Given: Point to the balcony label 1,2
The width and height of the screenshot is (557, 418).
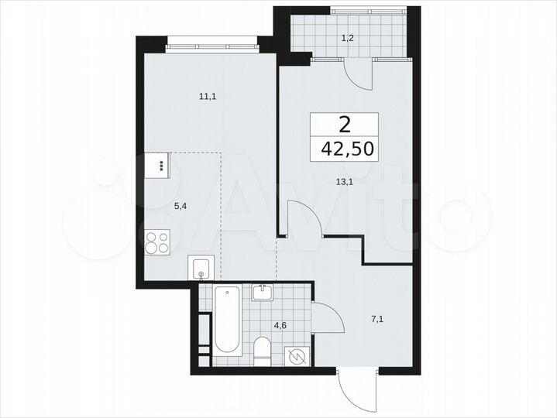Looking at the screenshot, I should (350, 36).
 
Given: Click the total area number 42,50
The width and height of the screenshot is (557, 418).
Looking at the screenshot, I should (345, 148).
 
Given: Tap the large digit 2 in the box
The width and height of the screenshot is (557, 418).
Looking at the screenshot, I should (345, 124).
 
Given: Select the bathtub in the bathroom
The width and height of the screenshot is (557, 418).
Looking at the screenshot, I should (227, 324).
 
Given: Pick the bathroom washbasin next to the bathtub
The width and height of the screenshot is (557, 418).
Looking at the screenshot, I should (263, 293).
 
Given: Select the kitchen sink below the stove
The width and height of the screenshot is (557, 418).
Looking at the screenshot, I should (201, 268).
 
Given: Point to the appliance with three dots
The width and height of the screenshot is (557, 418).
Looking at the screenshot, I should (160, 165).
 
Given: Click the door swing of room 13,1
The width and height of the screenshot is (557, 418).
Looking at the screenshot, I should (304, 218).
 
